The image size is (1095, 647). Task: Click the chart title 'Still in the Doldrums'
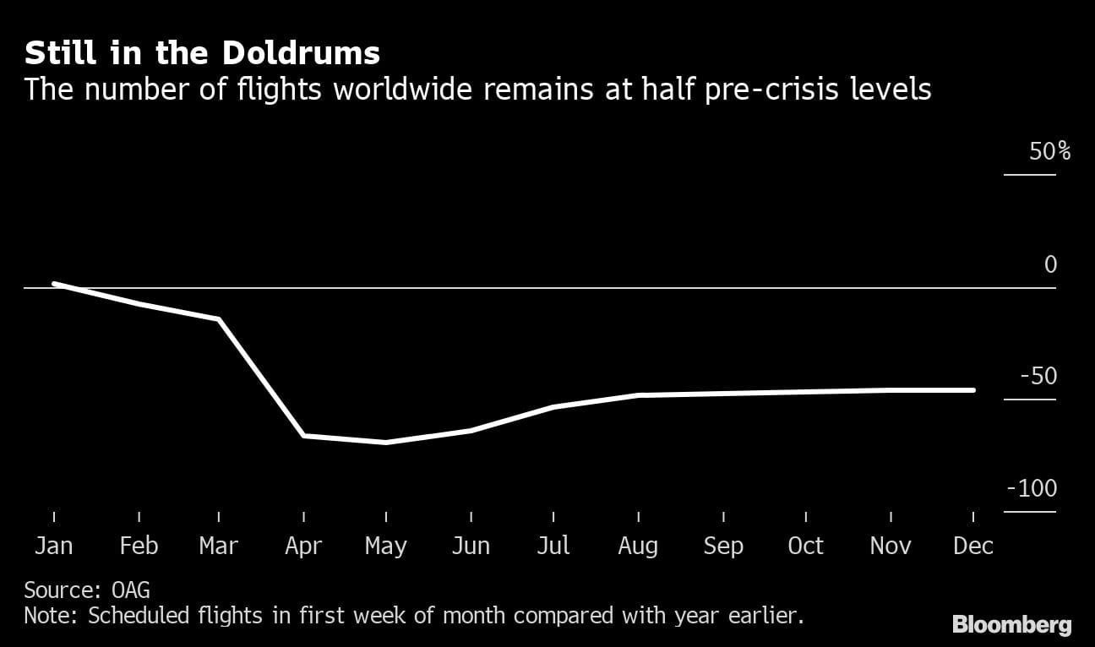coord(202,53)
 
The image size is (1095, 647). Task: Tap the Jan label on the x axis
coord(53,546)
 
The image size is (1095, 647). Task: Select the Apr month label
coord(303,546)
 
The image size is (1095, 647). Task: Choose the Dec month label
coord(973,546)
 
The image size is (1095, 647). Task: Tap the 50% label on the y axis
coord(1049,152)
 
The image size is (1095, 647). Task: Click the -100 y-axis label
coord(1032,489)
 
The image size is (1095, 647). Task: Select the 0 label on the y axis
coord(1050,265)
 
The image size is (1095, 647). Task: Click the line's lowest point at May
coord(386,442)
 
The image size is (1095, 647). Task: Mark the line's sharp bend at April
coord(303,435)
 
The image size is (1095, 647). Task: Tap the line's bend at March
coord(219,319)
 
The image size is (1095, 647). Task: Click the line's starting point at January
coord(55,284)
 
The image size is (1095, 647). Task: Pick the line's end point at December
coord(973,390)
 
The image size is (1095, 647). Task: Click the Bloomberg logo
coord(1011,625)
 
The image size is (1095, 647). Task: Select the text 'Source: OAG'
coord(87,590)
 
